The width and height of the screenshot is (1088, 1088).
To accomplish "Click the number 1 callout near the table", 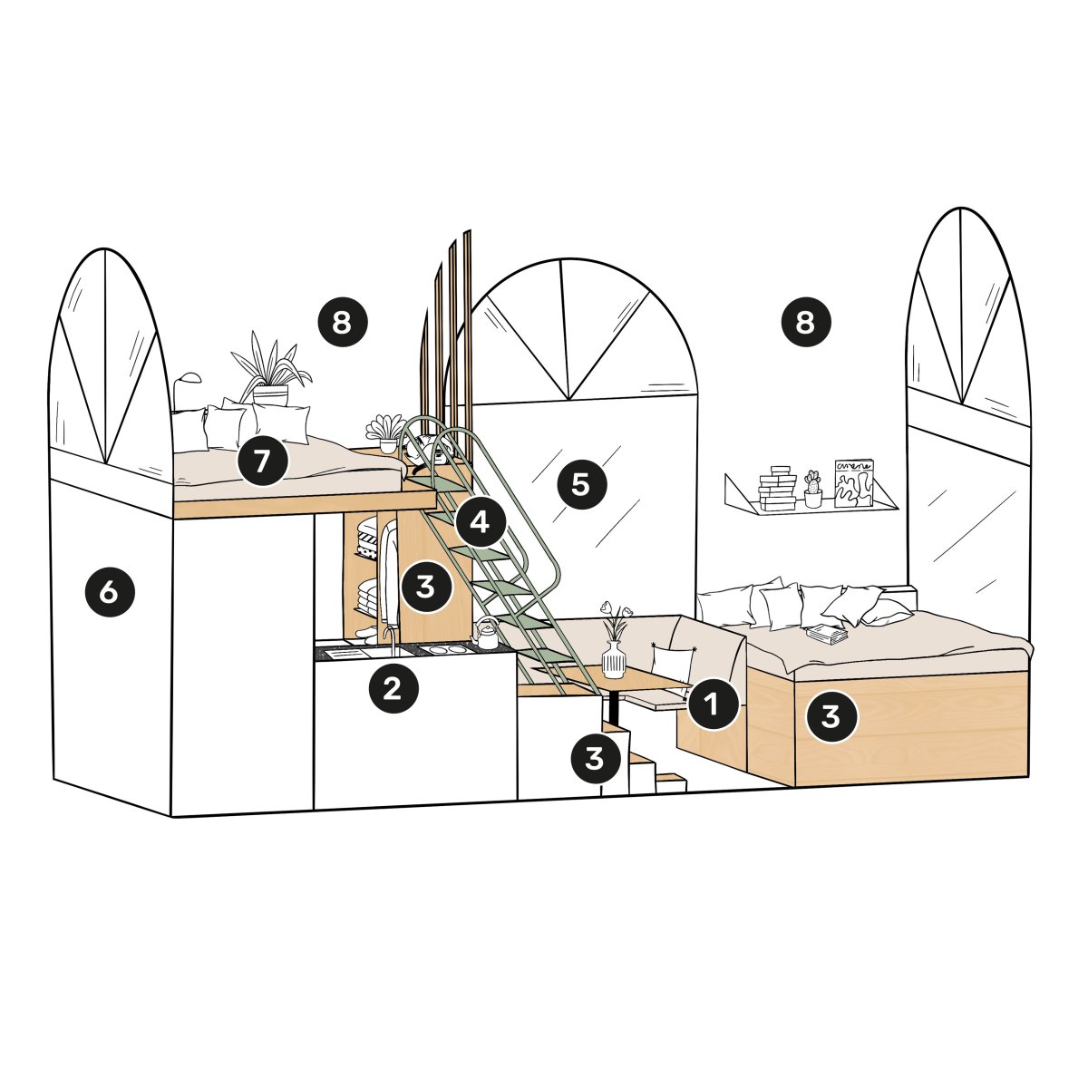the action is [713, 704].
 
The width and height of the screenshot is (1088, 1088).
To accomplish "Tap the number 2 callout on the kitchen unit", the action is [393, 688].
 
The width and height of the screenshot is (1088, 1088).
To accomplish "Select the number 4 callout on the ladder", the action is [480, 522].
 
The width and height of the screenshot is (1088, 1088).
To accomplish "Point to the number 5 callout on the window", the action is [581, 484].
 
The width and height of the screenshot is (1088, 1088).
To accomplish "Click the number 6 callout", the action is [110, 592].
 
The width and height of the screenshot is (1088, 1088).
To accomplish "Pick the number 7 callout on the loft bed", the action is [263, 461].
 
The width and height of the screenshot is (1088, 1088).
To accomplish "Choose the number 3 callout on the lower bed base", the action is [831, 716].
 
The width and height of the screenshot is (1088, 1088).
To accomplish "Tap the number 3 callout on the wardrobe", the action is [427, 586].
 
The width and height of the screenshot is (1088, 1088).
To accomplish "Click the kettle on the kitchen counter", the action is [485, 634].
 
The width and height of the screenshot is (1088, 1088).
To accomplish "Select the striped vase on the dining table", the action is [614, 659].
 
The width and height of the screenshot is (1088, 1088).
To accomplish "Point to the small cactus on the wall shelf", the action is [812, 489].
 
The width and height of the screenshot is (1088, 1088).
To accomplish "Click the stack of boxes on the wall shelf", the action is [777, 489].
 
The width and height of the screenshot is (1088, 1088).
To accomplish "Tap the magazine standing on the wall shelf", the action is [854, 483].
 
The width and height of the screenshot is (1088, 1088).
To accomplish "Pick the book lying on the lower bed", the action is [827, 634].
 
